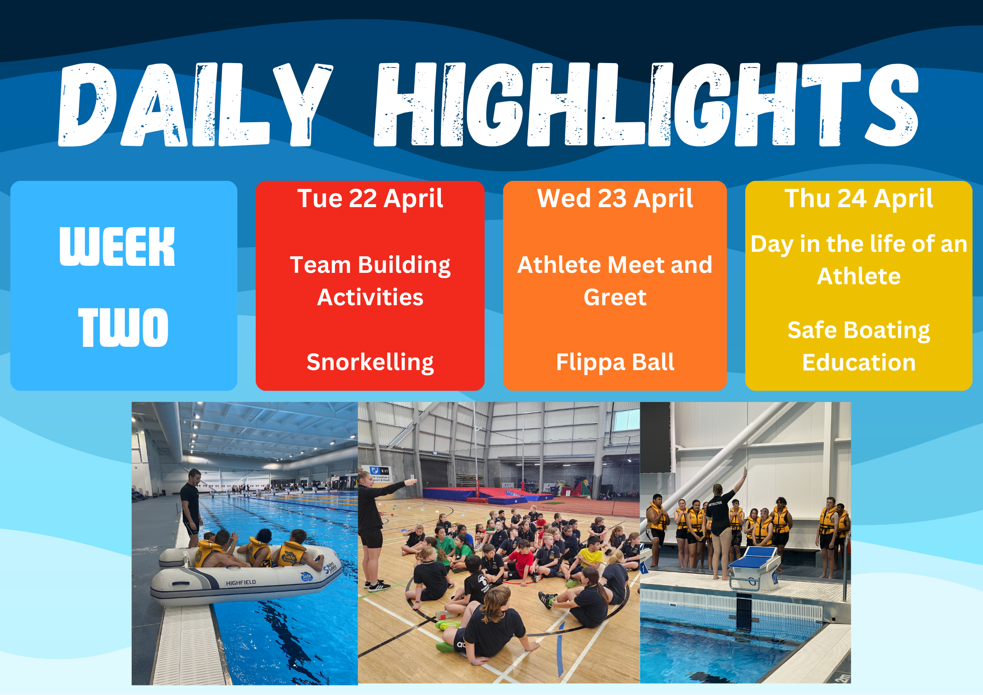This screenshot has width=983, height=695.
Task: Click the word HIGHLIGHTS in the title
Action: click(646, 104)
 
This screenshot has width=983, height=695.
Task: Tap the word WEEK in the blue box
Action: click(117, 247)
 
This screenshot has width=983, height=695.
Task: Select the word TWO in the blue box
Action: click(123, 327)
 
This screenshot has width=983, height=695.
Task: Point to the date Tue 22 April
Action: click(370, 199)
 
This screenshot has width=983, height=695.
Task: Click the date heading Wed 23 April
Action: click(615, 199)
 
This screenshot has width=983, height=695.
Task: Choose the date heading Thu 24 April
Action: click(859, 199)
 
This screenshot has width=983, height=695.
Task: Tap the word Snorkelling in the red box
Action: click(370, 363)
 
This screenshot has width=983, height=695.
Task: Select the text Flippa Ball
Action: click(615, 363)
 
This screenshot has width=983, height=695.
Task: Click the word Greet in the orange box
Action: click(615, 298)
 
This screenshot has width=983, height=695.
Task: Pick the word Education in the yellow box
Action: click(859, 363)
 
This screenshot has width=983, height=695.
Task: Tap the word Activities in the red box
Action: click(370, 297)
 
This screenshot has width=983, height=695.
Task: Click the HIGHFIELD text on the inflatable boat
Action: click(240, 583)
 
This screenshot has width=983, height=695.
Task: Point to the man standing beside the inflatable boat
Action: click(191, 508)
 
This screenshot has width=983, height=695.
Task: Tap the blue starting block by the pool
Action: click(754, 568)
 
